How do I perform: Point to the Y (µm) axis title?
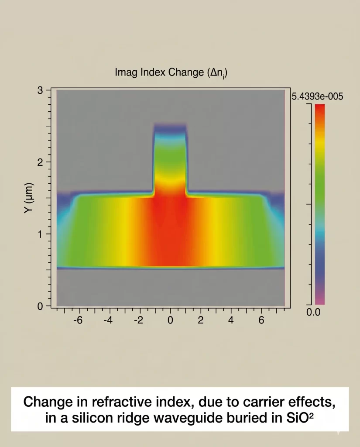click(x=29, y=198)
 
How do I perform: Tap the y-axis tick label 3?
click(x=40, y=90)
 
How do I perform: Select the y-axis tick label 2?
click(x=40, y=162)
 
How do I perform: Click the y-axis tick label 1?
click(x=40, y=234)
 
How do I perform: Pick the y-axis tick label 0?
click(x=40, y=306)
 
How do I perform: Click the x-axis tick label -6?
click(x=78, y=320)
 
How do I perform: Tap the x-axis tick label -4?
click(x=108, y=320)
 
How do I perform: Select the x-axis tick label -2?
click(x=138, y=320)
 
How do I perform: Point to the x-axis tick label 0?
click(x=170, y=320)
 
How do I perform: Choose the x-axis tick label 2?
click(x=201, y=320)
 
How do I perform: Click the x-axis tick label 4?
click(x=231, y=320)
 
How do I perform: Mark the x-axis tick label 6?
click(x=261, y=320)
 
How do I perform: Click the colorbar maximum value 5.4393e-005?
click(x=317, y=96)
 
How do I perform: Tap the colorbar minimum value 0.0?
click(x=313, y=312)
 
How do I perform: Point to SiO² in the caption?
click(x=299, y=418)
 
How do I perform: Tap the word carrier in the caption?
click(x=263, y=402)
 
